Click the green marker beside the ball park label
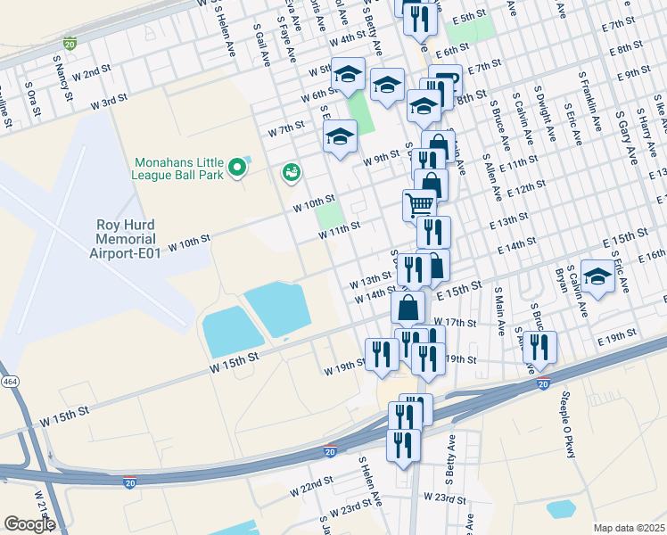[236, 167]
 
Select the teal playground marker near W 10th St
[291, 172]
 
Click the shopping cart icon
[419, 204]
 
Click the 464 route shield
[9, 382]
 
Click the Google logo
[29, 524]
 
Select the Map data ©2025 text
[630, 528]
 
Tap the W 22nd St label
[311, 491]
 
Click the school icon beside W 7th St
[340, 136]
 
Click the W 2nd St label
[92, 73]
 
